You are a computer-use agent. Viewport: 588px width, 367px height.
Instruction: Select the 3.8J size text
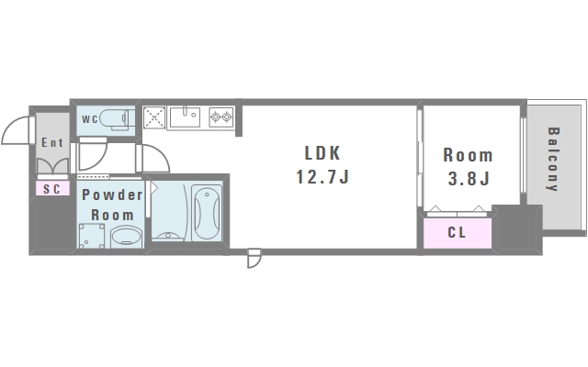pyautogui.click(x=468, y=178)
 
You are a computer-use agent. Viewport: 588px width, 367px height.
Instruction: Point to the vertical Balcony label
pyautogui.click(x=553, y=158)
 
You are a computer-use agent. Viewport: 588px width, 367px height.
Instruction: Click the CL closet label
pyautogui.click(x=457, y=232)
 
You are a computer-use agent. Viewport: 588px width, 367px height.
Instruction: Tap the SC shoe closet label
pyautogui.click(x=51, y=189)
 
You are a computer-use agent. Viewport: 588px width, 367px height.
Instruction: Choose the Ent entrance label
pyautogui.click(x=52, y=143)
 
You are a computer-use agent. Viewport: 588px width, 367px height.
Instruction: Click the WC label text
pyautogui.click(x=89, y=119)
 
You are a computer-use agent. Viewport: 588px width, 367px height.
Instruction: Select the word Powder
pyautogui.click(x=112, y=195)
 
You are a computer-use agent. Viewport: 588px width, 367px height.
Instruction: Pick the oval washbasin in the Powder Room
pyautogui.click(x=125, y=237)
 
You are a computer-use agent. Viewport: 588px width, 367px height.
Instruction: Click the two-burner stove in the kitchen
pyautogui.click(x=221, y=117)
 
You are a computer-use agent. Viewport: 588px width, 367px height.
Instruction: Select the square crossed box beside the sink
pyautogui.click(x=153, y=117)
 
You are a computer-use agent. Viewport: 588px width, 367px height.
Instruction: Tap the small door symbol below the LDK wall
pyautogui.click(x=254, y=259)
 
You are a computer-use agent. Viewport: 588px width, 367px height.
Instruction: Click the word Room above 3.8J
pyautogui.click(x=468, y=155)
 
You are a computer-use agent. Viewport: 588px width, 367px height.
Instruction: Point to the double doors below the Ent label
pyautogui.click(x=52, y=165)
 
